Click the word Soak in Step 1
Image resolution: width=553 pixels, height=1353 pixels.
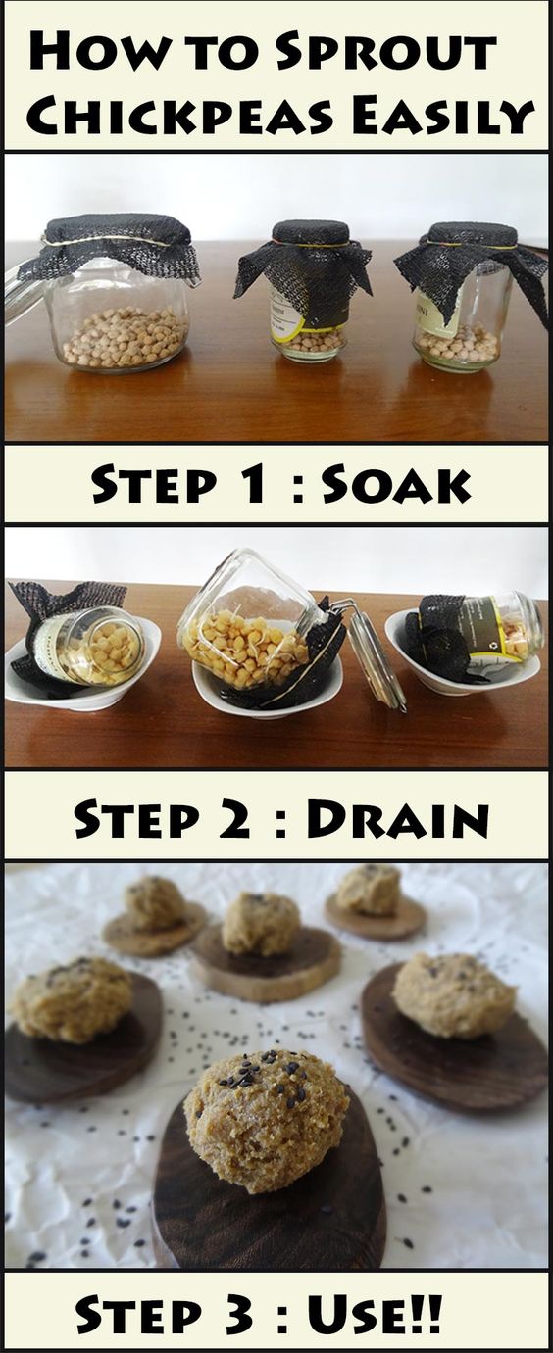click(x=396, y=484)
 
